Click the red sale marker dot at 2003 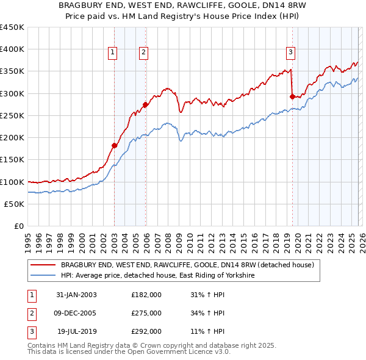(114, 145)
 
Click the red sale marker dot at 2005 (145, 104)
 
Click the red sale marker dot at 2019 (292, 96)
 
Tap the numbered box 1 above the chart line (113, 53)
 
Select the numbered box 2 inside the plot (143, 53)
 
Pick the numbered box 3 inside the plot (291, 53)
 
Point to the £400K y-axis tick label (12, 49)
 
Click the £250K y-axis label (12, 115)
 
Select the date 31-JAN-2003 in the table (76, 295)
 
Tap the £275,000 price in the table (146, 313)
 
